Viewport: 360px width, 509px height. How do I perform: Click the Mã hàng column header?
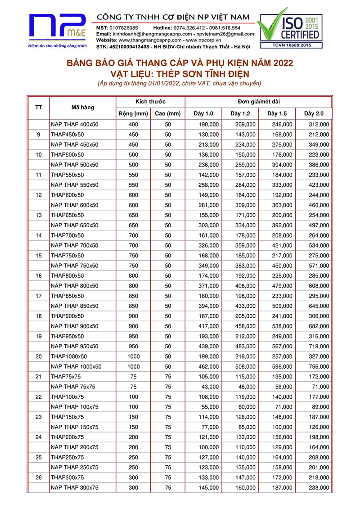pos(83,107)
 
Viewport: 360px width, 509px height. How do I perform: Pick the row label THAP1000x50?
pos(70,356)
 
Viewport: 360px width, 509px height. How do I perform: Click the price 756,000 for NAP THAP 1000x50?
pos(319,366)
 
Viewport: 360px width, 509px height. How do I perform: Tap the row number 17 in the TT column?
pos(39,296)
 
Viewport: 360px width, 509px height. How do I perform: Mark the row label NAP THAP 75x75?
pos(73,387)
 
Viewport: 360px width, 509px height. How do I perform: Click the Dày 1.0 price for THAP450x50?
pos(208,135)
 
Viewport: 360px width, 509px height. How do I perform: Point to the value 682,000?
pos(319,326)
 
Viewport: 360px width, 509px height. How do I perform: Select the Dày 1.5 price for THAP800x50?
pos(282,275)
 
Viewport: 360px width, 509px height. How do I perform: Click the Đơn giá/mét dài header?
pos(259,101)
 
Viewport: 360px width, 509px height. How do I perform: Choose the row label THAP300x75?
pos(67,477)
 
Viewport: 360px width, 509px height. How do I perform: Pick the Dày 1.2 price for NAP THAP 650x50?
pos(245,225)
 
